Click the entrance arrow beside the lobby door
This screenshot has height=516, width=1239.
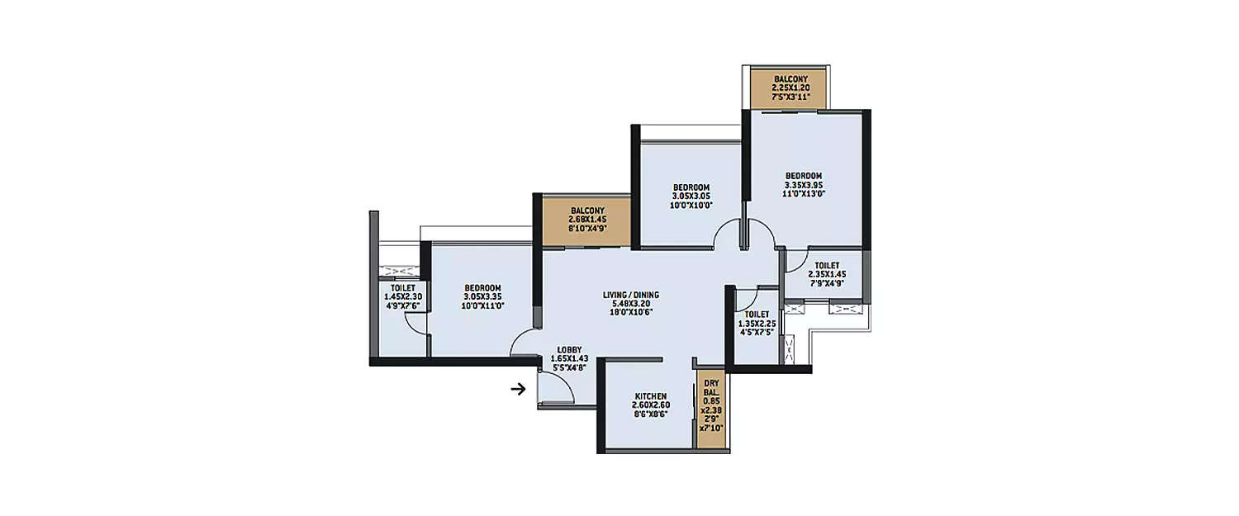click(519, 388)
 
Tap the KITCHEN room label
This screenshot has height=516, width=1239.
click(650, 396)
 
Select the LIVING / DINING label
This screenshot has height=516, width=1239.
click(630, 295)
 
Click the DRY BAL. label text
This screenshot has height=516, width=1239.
click(711, 388)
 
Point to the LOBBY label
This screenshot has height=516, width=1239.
click(569, 349)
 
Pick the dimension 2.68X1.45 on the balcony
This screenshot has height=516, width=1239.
click(588, 220)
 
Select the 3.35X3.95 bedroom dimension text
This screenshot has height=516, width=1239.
click(804, 184)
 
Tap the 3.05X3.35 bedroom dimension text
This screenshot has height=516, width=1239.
click(484, 296)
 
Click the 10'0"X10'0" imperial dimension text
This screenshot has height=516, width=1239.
click(692, 205)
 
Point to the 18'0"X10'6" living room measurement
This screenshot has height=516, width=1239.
click(630, 312)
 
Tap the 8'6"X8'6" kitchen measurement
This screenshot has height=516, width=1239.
click(650, 414)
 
